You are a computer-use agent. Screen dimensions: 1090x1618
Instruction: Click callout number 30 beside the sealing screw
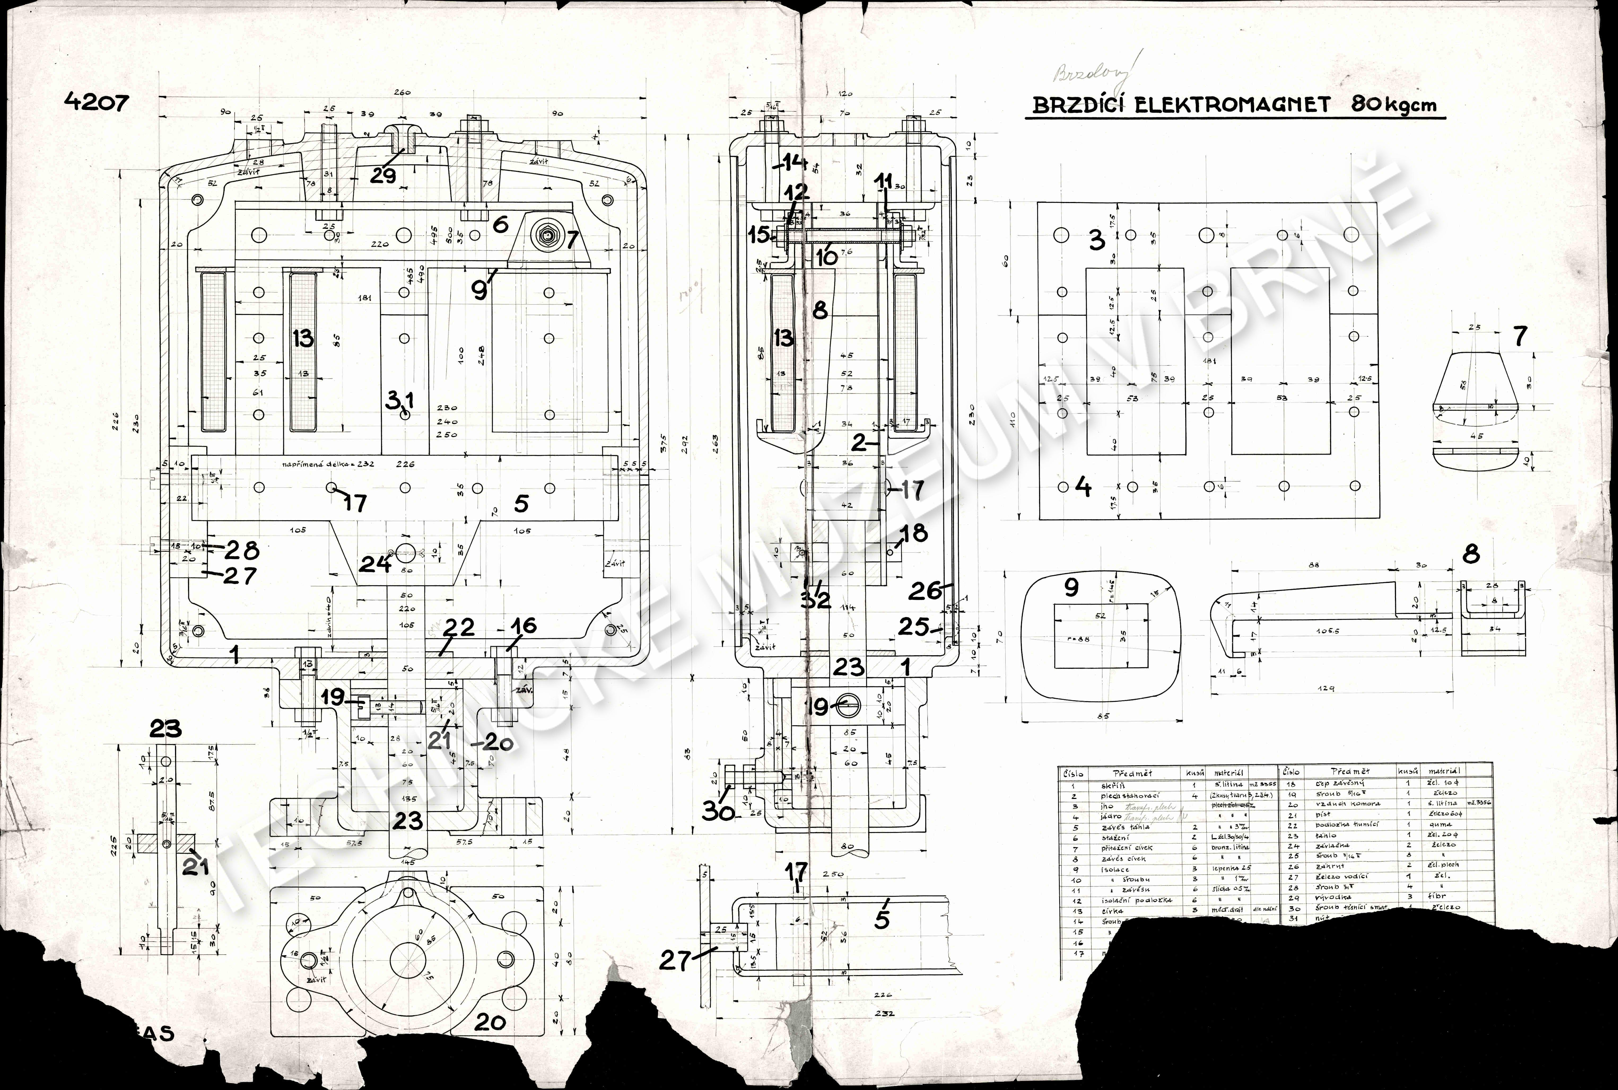(x=718, y=810)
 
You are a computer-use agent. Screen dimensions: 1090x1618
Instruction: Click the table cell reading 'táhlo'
(x=1327, y=835)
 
